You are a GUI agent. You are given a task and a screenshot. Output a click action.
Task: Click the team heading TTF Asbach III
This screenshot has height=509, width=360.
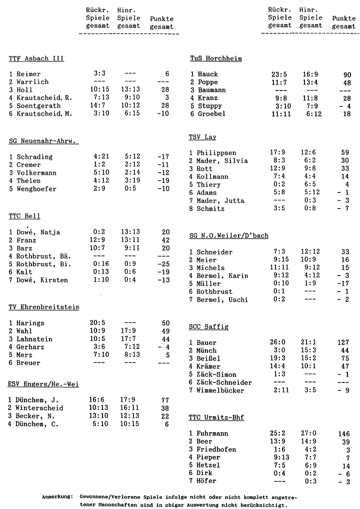(36, 58)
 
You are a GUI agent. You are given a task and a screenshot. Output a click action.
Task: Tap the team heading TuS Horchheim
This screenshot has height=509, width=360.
(215, 58)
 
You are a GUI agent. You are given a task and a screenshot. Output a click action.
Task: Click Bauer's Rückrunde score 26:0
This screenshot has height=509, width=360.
(278, 342)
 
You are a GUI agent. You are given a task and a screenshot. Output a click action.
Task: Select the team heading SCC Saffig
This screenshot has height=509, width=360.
(208, 327)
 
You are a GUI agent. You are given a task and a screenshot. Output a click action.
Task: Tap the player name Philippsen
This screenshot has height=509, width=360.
(216, 153)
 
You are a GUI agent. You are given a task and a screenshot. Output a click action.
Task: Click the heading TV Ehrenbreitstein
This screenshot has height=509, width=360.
(44, 307)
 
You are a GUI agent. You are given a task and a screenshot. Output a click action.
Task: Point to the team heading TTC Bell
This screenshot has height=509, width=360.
(24, 216)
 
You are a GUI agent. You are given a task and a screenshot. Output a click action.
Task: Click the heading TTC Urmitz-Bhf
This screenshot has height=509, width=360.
(216, 417)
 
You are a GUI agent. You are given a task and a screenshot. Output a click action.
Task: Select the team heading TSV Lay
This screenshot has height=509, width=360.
(202, 137)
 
